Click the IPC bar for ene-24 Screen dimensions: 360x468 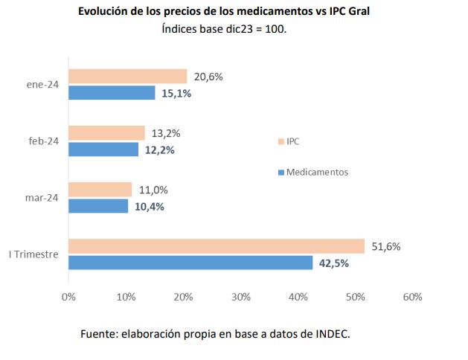(x=127, y=76)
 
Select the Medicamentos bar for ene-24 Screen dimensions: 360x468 (x=112, y=93)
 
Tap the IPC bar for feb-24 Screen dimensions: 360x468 (x=106, y=132)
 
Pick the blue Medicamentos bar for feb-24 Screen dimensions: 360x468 (x=103, y=150)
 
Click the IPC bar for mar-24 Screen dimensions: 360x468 (x=100, y=190)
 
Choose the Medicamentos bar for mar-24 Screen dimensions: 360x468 (x=98, y=206)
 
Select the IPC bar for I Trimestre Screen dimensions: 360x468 (x=217, y=246)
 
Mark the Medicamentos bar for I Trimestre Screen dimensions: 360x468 (x=190, y=263)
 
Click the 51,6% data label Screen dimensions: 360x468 (x=385, y=246)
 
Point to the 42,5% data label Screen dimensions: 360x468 (x=333, y=263)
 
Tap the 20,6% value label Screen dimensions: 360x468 (x=208, y=76)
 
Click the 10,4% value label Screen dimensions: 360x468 (x=149, y=207)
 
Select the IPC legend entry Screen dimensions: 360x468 (x=292, y=141)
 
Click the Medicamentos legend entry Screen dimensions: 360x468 (x=317, y=172)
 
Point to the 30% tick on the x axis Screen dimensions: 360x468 (x=240, y=297)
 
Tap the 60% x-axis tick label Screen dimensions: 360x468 (x=411, y=297)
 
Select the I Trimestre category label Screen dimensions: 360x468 (x=33, y=254)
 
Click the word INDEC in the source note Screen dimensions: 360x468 (x=332, y=334)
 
